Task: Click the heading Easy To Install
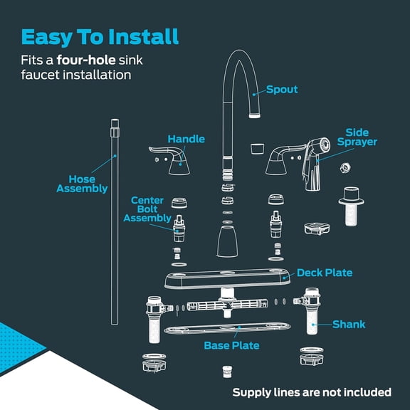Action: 100,36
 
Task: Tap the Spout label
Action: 282,90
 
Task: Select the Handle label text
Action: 186,139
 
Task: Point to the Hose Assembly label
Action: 82,184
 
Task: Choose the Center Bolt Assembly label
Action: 147,209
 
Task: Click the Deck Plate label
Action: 325,273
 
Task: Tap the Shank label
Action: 349,324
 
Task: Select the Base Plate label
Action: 231,346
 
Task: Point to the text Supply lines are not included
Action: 312,392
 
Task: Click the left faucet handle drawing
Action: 171,161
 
